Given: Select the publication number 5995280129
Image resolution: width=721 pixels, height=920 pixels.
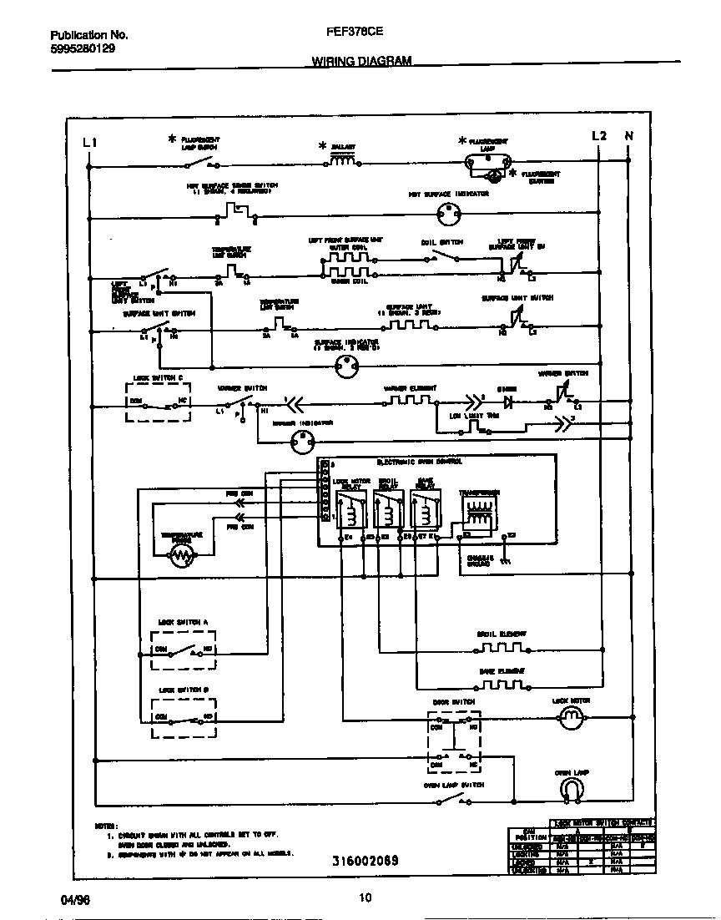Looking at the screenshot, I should pyautogui.click(x=83, y=48).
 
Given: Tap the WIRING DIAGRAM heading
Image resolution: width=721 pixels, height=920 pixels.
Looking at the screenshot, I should pyautogui.click(x=361, y=61).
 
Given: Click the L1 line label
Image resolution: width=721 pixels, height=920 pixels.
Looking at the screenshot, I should pyautogui.click(x=91, y=142).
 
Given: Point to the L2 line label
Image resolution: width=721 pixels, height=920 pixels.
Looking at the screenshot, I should pyautogui.click(x=598, y=135).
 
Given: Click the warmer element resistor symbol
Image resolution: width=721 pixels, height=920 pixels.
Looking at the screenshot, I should pyautogui.click(x=406, y=400).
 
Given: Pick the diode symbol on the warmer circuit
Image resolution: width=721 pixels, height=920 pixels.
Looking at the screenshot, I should pyautogui.click(x=507, y=401).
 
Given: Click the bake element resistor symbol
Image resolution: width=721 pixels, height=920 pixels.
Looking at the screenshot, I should pyautogui.click(x=501, y=685).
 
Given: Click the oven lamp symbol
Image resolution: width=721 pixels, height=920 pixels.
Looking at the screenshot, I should pyautogui.click(x=571, y=790).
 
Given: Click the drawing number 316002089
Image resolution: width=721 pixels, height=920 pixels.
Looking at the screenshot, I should pyautogui.click(x=364, y=860).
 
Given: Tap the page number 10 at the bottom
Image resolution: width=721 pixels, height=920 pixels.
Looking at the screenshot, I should pyautogui.click(x=364, y=897).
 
